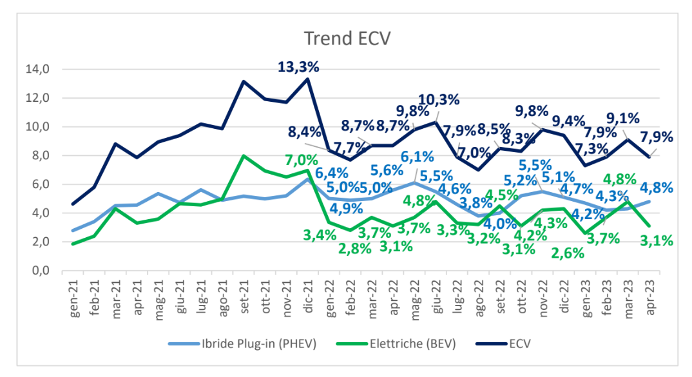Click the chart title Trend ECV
(347, 39)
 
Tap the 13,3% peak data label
(298, 67)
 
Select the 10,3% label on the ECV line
(439, 100)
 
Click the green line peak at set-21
(244, 155)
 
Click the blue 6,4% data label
(332, 173)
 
